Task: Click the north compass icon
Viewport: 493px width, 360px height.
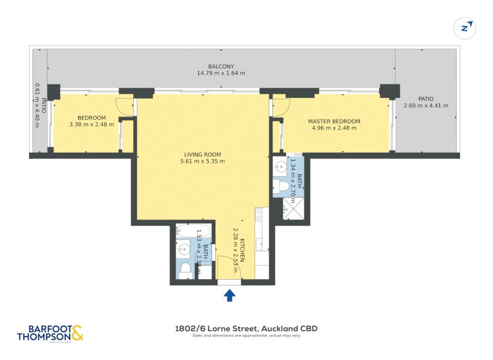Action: coord(466,28)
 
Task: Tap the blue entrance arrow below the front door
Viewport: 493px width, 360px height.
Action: coord(229,296)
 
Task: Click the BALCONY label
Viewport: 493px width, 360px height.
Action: coord(221,67)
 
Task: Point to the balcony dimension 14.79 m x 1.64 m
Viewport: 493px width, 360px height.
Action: coord(221,73)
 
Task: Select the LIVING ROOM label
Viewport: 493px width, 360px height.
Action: coord(202,155)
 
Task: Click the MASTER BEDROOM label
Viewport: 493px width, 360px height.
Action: coord(334,121)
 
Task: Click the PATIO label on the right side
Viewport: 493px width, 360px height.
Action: coord(426,99)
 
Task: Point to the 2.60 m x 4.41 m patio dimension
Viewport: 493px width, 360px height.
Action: coord(426,105)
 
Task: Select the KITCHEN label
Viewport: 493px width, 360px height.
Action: coord(243,250)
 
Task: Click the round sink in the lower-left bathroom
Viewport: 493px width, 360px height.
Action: coord(184,250)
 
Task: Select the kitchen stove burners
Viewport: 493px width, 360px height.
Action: coord(259,214)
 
